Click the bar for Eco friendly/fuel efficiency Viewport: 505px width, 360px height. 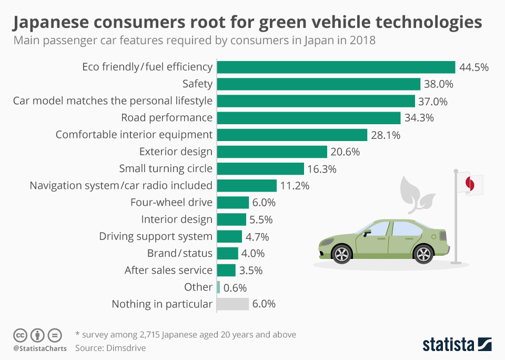[x=336, y=67]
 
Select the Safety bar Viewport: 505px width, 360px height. [x=318, y=84]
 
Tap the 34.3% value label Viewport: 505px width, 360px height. [x=419, y=118]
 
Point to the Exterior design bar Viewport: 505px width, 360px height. [x=272, y=152]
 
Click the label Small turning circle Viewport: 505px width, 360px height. [x=166, y=168]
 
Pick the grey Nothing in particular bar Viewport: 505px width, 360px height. [x=233, y=304]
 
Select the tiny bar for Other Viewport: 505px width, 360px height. [x=218, y=287]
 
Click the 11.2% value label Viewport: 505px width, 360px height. [x=295, y=185]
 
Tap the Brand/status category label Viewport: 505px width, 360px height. [x=179, y=253]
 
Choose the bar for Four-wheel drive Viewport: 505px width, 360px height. [x=233, y=202]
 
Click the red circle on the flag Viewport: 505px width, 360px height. [x=470, y=184]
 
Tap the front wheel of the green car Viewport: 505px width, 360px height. [x=342, y=254]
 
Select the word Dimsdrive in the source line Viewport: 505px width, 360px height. [x=127, y=348]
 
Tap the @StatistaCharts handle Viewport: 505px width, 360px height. [x=39, y=348]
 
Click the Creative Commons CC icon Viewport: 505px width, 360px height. [x=20, y=335]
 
